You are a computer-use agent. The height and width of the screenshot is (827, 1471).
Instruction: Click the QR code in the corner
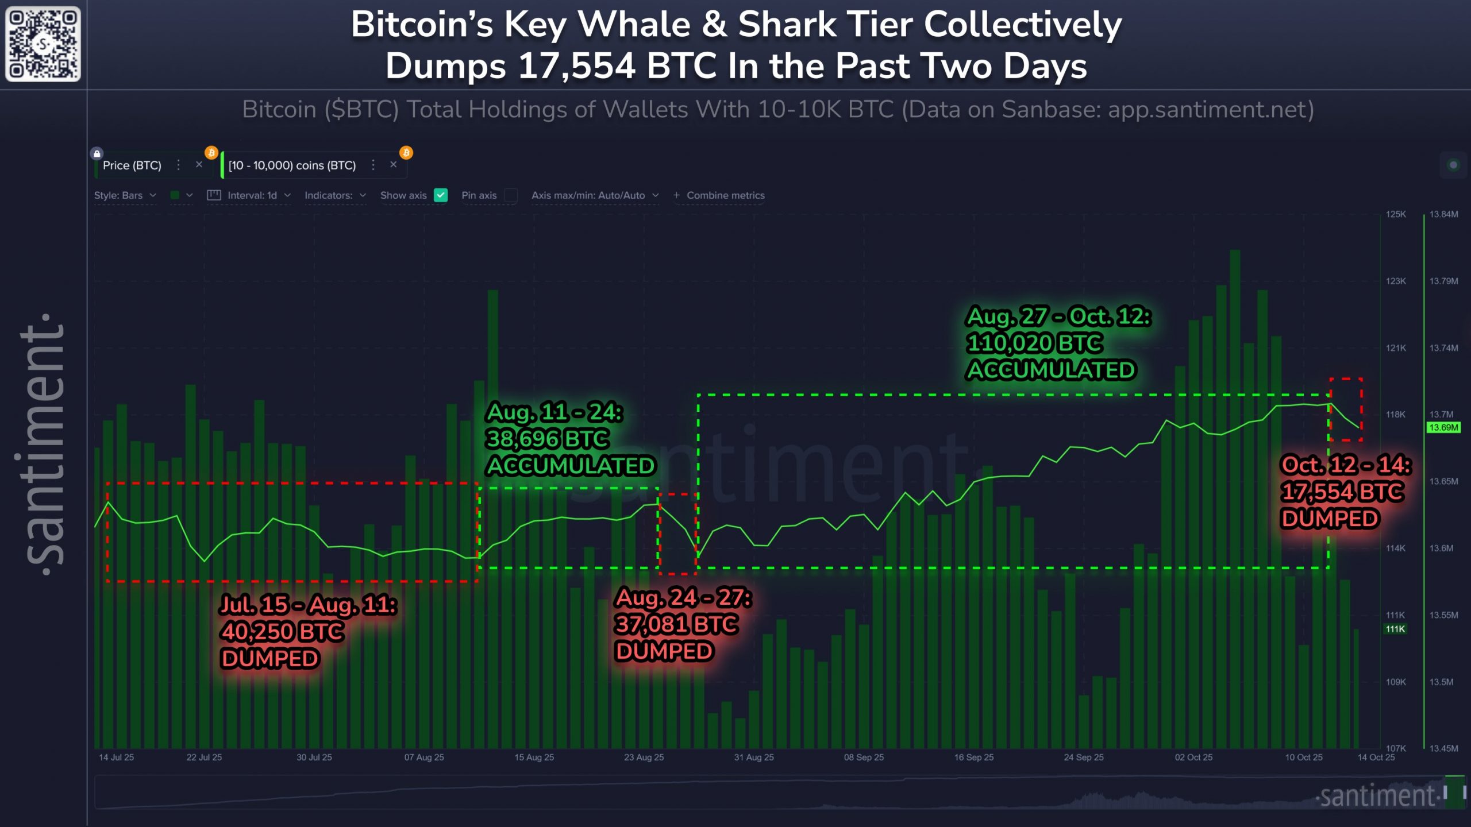[43, 44]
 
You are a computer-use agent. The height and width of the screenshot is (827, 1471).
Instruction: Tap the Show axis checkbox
[441, 195]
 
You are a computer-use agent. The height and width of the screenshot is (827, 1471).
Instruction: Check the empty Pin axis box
[510, 195]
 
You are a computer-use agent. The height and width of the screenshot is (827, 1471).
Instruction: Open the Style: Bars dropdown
[125, 195]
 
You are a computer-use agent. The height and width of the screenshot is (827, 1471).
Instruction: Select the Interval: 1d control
[249, 195]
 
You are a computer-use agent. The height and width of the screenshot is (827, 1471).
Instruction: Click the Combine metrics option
[719, 195]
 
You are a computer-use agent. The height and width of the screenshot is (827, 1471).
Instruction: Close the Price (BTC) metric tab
[199, 165]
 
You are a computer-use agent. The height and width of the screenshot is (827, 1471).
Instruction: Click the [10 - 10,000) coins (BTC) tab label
[292, 165]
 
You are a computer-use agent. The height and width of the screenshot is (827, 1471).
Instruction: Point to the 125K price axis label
[1396, 214]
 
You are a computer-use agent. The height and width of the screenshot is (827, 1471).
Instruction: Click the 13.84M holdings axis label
[1443, 214]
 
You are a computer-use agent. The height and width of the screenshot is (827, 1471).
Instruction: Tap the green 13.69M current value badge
[1443, 427]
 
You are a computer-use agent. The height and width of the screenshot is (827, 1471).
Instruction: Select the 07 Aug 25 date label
[424, 758]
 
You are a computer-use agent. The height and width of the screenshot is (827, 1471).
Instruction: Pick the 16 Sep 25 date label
[974, 758]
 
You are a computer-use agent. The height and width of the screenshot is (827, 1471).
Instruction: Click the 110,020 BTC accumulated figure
[1034, 343]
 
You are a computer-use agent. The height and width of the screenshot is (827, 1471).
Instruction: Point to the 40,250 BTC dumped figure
[282, 632]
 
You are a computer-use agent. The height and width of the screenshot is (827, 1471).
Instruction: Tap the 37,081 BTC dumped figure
[676, 624]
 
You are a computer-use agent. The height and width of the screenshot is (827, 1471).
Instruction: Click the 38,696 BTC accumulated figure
[547, 439]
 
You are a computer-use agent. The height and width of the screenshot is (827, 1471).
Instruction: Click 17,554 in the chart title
[577, 66]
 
